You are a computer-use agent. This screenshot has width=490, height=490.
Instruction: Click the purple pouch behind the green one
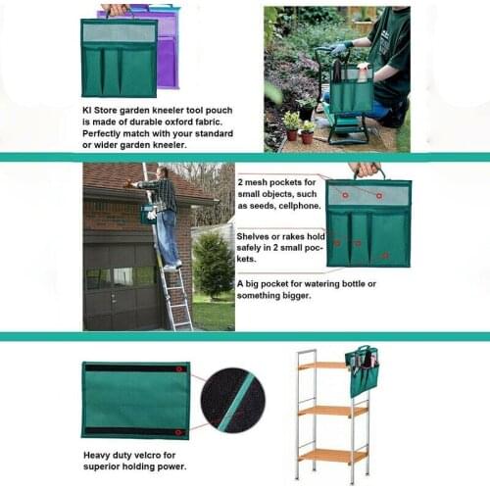point(167,39)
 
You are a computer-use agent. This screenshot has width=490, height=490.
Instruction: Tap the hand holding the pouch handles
point(364,170)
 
